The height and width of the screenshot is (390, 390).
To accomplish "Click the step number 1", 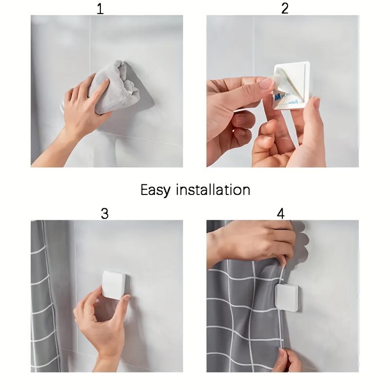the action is [100, 9].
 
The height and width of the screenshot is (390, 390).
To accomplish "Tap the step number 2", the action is [285, 8].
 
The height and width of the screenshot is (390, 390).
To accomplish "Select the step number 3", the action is [105, 214].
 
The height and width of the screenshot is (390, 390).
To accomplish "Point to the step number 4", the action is [281, 214].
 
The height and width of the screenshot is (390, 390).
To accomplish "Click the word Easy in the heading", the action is [156, 190].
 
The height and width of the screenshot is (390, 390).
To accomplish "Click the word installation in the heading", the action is [213, 190].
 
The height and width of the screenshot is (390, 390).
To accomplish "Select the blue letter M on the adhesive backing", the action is [277, 97].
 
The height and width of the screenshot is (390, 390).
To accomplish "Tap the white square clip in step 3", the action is [115, 285].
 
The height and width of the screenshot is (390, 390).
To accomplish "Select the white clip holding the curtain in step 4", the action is [287, 298].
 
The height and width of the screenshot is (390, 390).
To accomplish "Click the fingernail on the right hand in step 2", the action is [316, 103].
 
